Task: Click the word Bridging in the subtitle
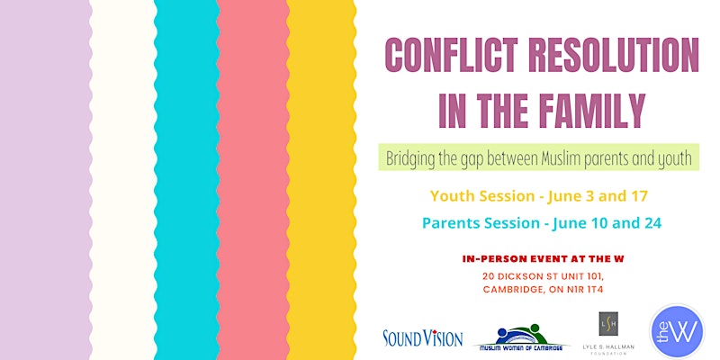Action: pos(409,158)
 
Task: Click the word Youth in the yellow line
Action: pos(453,196)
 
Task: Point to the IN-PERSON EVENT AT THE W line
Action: pos(543,259)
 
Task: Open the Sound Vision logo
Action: pos(422,337)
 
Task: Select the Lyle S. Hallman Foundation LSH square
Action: pos(608,324)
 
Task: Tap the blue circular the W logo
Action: pos(677,331)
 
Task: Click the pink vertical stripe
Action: pos(253,180)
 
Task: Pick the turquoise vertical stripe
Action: pos(186,180)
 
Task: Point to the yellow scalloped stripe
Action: pos(321,180)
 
